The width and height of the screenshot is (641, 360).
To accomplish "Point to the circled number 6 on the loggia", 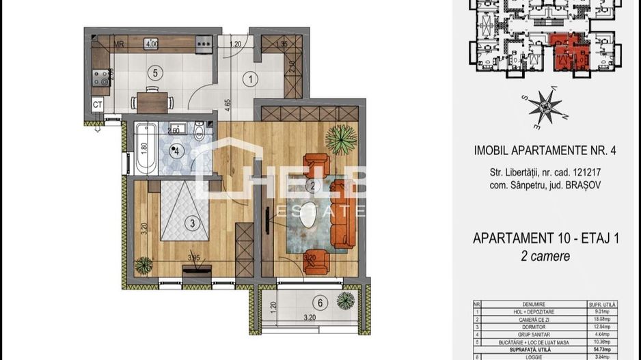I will (318, 302).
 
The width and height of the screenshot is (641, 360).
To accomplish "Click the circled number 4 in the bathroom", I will (178, 152).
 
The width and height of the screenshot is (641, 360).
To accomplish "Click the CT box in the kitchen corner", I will (98, 105).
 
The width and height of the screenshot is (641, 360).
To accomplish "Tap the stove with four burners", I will (100, 79).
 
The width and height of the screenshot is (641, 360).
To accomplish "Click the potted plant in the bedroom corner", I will (144, 264).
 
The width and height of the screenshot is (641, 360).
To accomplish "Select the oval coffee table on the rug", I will (311, 213).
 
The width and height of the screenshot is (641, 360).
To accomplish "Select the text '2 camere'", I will (546, 256).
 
